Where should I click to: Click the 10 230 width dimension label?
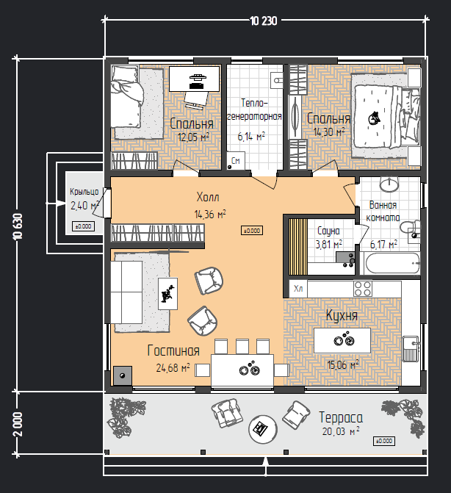[264, 21]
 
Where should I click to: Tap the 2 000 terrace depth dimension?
[18, 424]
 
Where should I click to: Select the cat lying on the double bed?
[374, 118]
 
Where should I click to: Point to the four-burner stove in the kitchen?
[363, 289]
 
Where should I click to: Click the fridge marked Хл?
[298, 289]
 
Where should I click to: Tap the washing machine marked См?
[236, 161]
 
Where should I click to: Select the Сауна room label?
[329, 231]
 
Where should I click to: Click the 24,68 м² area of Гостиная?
[173, 367]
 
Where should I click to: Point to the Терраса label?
[341, 417]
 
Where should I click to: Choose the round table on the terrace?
[263, 429]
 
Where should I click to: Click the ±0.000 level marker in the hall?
[252, 231]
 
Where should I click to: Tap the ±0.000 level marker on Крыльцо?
[83, 226]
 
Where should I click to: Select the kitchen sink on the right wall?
[411, 349]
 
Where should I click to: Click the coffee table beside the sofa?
[167, 294]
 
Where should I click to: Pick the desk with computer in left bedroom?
[194, 79]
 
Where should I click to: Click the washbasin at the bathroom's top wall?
[389, 184]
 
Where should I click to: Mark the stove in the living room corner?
[122, 375]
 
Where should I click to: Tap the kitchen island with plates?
[342, 340]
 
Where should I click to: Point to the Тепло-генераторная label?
[254, 109]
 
